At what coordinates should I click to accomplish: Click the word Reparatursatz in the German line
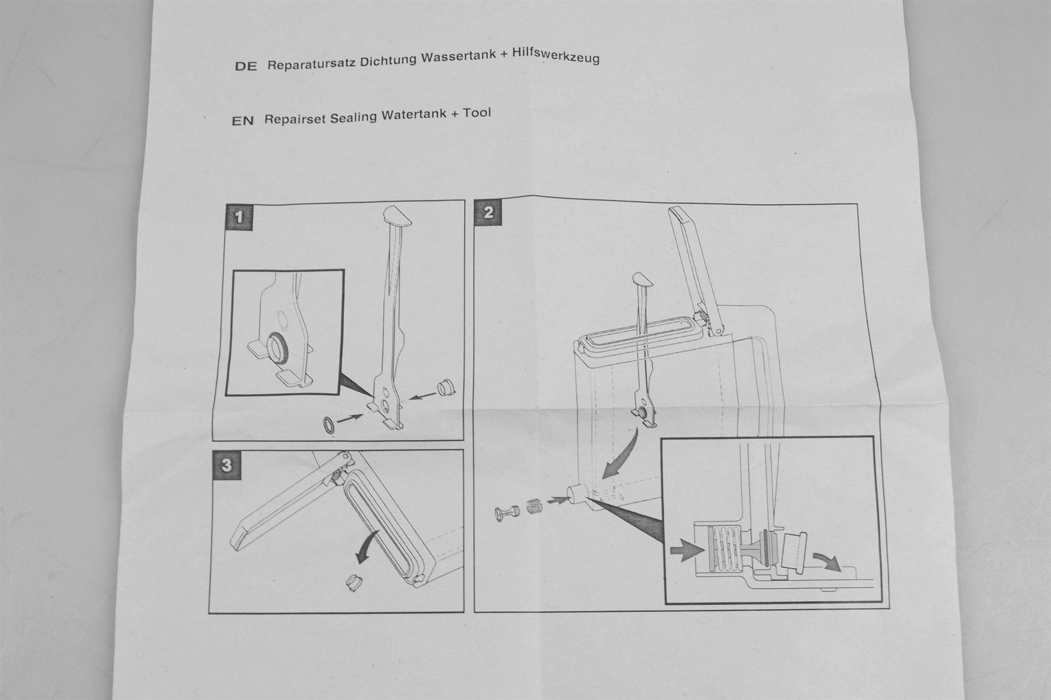click(310, 65)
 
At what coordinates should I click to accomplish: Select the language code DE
click(245, 67)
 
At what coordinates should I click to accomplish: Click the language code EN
click(242, 121)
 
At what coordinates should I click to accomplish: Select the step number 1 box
click(240, 216)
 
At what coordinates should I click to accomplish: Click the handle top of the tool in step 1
click(398, 215)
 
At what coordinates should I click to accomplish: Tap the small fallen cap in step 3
click(356, 581)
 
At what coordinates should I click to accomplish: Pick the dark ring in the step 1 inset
click(277, 347)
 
